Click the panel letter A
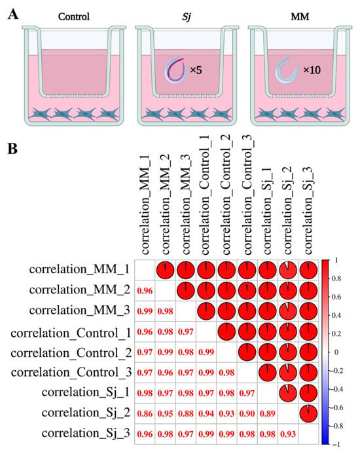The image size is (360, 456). coord(13,14)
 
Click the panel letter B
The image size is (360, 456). coord(12,149)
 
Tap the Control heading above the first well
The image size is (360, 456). coord(74,16)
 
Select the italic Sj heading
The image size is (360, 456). coord(187,17)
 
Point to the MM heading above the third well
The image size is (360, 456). coord(300,16)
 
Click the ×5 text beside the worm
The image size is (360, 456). coord(196,70)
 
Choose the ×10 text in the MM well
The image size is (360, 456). coord(312,70)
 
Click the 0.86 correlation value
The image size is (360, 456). coord(145,413)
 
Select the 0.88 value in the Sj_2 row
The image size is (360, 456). coord(186,413)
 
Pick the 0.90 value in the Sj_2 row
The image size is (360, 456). coord(247,413)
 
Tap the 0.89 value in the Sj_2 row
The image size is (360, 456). coord(267,413)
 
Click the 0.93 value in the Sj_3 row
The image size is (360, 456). coord(288,434)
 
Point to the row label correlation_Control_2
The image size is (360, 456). coord(71,353)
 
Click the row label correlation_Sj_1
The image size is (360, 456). coord(86,392)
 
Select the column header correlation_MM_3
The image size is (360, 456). coord(186,204)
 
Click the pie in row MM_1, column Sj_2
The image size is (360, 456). coord(288,270)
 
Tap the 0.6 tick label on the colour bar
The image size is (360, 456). coord(336,297)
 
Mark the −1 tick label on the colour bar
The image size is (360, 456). coord(336,444)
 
